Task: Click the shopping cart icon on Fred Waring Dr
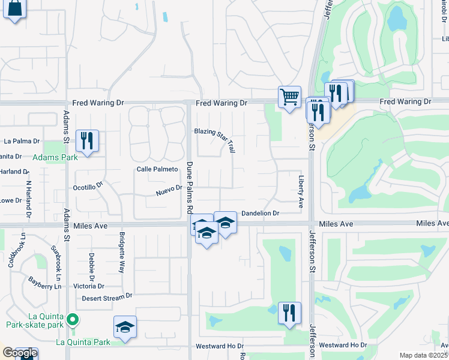pyautogui.click(x=289, y=97)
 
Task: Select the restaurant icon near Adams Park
pyautogui.click(x=87, y=142)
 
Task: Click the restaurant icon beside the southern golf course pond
pyautogui.click(x=289, y=313)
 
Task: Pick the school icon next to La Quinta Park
pyautogui.click(x=125, y=328)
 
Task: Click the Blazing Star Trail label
pyautogui.click(x=214, y=139)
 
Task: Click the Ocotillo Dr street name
pyautogui.click(x=88, y=187)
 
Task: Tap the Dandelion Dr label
pyautogui.click(x=261, y=213)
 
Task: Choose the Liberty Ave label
pyautogui.click(x=301, y=191)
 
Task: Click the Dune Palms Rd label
pyautogui.click(x=188, y=188)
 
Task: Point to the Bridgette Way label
pyautogui.click(x=121, y=252)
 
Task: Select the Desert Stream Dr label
pyautogui.click(x=107, y=297)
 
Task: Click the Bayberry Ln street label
pyautogui.click(x=44, y=287)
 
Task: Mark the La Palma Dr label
pyautogui.click(x=22, y=142)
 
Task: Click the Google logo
pyautogui.click(x=19, y=353)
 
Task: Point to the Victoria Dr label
pyautogui.click(x=89, y=286)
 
